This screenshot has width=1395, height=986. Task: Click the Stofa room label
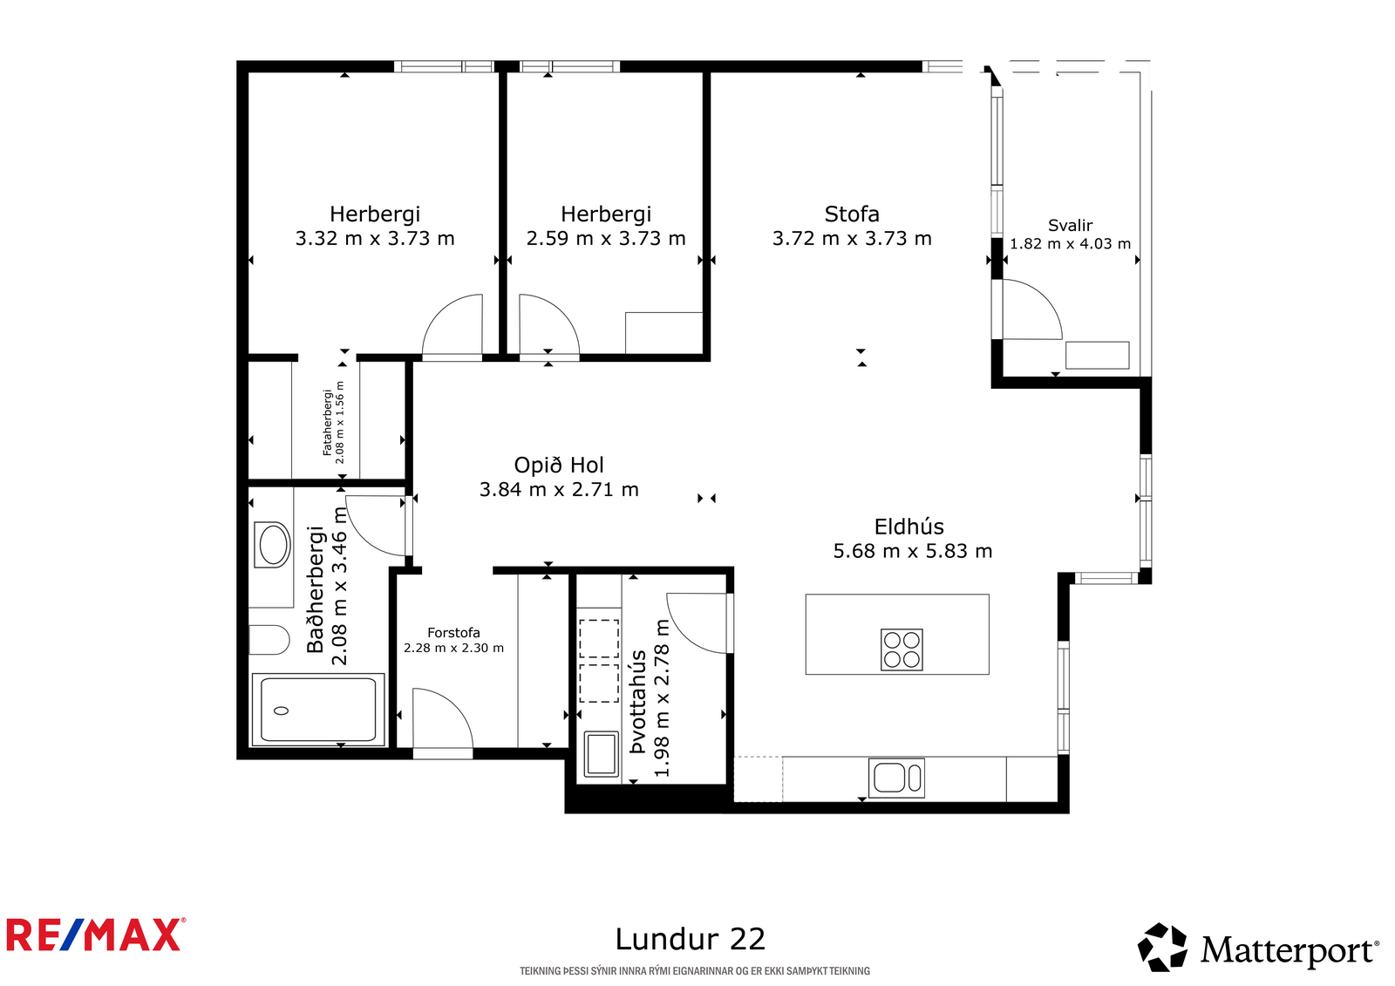pos(852,214)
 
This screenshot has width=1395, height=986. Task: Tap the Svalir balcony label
pos(1070,225)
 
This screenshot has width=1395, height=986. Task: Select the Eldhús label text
pos(908,527)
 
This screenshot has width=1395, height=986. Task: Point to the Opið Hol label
pos(559,466)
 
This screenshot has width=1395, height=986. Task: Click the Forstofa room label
pos(453,633)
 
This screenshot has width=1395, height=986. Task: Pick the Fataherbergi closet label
pos(328,423)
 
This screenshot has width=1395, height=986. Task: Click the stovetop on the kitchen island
pos(902,649)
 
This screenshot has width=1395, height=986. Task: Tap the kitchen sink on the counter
pos(895,778)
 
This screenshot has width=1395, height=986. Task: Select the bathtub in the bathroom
pos(318,710)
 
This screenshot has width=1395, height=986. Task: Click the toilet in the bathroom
pos(269,640)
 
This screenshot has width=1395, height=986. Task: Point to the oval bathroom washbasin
pos(273,545)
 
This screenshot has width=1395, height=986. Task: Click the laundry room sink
pos(601,754)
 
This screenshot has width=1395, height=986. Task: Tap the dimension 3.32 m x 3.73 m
pos(375,239)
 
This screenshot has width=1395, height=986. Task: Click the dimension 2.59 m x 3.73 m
pos(606,239)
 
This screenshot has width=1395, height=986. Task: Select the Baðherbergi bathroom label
pos(316,589)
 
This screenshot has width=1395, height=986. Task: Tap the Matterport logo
pos(1258,949)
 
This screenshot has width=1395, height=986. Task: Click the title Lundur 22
pos(690,939)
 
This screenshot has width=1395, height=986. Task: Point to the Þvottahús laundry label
pos(638,702)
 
